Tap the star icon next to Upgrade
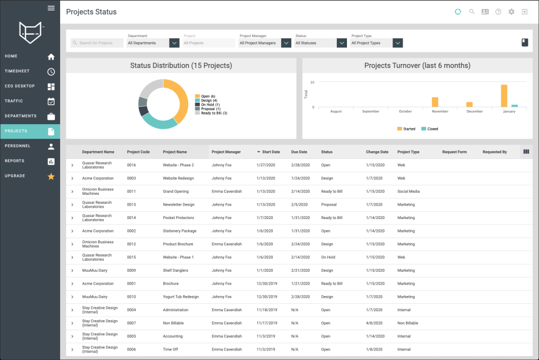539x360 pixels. pos(51,176)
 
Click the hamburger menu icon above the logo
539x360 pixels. pos(51,8)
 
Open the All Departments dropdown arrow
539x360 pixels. pos(175,43)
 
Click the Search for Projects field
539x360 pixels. pos(97,43)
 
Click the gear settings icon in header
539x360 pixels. pos(511,12)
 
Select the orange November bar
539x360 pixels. pos(435,102)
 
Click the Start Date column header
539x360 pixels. pos(271,152)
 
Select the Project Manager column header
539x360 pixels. pos(226,152)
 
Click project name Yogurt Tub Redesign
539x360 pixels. pos(181,297)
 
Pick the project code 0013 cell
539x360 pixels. pos(131,204)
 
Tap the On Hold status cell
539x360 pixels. pos(328,257)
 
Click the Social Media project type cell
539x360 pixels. pos(408,192)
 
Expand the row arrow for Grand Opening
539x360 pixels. pos(72,192)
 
